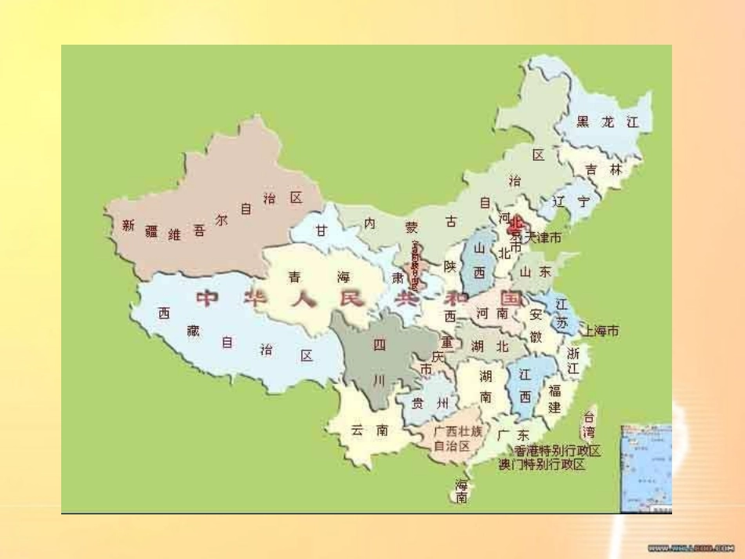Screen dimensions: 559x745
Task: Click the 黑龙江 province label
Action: pos(608,122)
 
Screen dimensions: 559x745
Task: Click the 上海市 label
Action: pos(600,332)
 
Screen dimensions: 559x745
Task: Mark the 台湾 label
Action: pos(588,424)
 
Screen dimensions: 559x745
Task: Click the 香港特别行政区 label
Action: pos(558,451)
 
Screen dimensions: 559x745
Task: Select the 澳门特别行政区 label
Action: pos(542,464)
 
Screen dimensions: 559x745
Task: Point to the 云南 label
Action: pos(369,430)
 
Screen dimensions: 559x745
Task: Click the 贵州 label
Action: pos(431,404)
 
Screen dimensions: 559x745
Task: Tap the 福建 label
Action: pos(554,398)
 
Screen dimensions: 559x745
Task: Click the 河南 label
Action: pos(492,314)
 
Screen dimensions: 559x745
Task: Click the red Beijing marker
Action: pos(514,227)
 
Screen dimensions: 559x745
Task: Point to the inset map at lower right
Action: pos(646,468)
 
